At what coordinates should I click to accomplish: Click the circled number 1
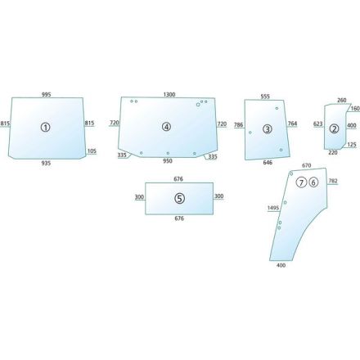46,127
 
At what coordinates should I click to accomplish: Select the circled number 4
166,127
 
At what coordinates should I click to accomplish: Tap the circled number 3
268,129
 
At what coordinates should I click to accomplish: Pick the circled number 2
334,128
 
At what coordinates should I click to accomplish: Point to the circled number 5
179,198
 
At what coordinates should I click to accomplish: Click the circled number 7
301,182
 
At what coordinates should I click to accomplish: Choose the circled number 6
313,182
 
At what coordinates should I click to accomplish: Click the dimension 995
47,95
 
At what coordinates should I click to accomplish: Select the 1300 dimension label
169,95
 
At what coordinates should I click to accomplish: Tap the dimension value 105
92,151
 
